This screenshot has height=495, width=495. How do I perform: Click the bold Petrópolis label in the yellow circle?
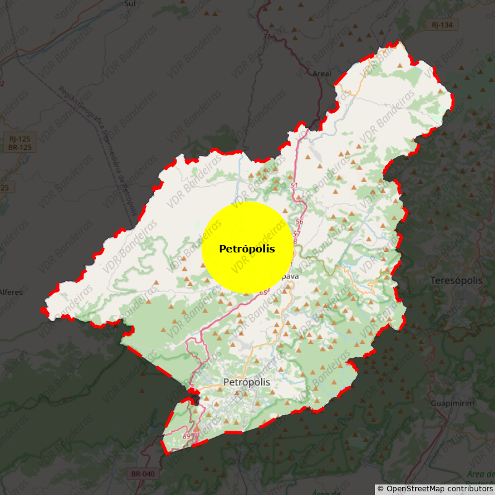tap(247, 249)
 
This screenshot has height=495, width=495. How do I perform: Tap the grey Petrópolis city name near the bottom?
tap(247, 382)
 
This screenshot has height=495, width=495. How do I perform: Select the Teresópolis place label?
tap(456, 280)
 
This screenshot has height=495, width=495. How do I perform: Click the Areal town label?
tap(322, 74)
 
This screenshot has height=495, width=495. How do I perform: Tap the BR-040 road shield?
tap(143, 474)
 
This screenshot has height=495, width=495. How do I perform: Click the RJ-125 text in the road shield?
tap(20, 139)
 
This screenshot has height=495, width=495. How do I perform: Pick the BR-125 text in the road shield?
tap(20, 147)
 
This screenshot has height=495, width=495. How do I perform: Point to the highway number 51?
tap(293, 186)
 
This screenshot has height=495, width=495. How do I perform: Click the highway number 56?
tap(299, 222)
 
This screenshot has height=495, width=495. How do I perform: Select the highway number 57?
tap(296, 234)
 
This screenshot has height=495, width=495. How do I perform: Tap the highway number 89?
tap(187, 437)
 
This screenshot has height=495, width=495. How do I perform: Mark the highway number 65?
tap(264, 293)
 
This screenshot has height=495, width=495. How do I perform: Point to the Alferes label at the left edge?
tap(11, 292)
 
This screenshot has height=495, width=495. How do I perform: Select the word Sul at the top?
tap(130, 3)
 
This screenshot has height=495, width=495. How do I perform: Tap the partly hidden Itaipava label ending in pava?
tap(288, 277)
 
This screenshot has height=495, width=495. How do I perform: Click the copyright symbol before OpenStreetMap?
tap(381, 489)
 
